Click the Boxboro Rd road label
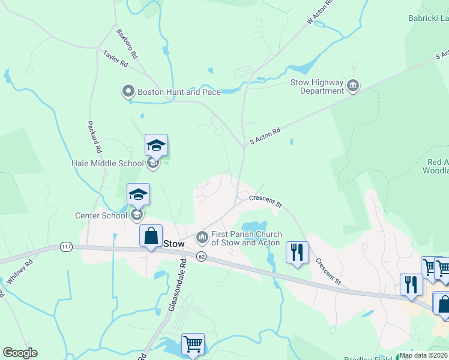coord(127,44)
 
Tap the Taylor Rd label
coord(115,58)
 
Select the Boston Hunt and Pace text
coord(179,92)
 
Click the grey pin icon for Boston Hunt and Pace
coord(128,92)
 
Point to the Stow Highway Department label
coord(317,86)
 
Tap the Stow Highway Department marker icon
coord(354,87)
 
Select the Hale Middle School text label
coord(107,163)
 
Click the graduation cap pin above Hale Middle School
coord(156,145)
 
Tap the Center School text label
coord(100,215)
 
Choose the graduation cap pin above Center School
coord(138,194)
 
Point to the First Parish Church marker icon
coord(202,238)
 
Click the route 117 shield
coord(66,247)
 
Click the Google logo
coord(20,353)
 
